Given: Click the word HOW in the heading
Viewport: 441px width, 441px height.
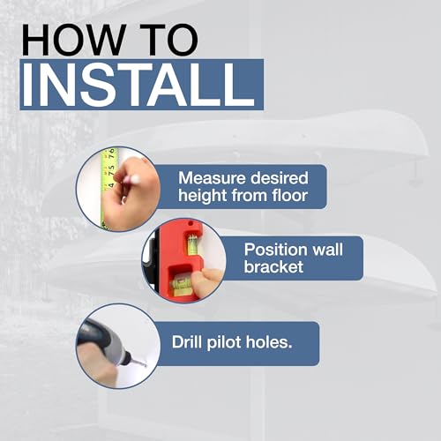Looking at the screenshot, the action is [x=73, y=41].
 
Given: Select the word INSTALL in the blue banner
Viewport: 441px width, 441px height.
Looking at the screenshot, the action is [x=138, y=86].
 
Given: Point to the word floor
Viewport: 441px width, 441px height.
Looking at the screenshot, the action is [x=290, y=195].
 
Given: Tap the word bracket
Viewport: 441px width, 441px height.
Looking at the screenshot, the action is [x=273, y=266].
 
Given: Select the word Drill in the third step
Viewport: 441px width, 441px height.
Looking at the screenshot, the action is [x=187, y=342].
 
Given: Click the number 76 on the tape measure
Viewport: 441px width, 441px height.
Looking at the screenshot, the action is [x=111, y=153].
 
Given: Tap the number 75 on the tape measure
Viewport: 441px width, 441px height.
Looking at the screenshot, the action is [x=111, y=170].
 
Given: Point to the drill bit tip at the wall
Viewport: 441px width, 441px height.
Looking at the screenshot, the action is [x=146, y=365].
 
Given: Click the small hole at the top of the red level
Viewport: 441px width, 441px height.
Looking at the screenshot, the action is [x=191, y=224].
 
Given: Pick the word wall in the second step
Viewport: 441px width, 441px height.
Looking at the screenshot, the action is [x=327, y=250].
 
